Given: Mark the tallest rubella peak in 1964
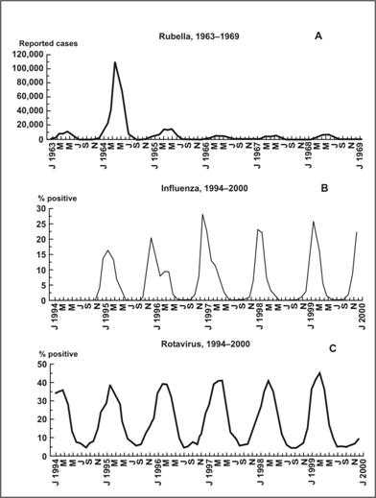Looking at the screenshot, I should click(x=115, y=62).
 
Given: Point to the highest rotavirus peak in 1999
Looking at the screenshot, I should click(x=318, y=373).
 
